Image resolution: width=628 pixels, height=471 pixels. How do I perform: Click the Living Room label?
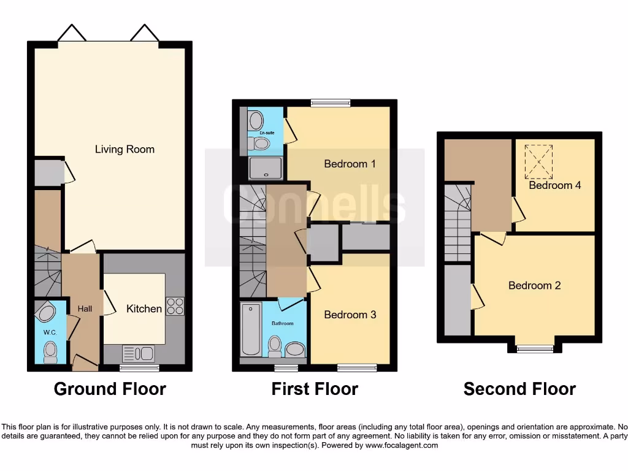pos(124,149)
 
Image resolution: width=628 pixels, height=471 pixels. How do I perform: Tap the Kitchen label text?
pos(144,308)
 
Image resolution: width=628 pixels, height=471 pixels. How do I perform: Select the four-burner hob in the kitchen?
pos(175,305)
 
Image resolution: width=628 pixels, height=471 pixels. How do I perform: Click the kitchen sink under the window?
pos(138,353)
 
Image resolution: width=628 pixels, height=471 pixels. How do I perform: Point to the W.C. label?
pos(50,333)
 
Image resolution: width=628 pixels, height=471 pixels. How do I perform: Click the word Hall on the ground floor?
pos(85,308)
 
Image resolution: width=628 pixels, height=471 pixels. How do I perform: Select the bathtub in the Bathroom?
pos(251,329)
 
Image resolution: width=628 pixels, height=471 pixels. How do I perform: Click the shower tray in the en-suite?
pos(266,167)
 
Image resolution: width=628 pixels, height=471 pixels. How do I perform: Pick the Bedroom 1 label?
pos(350,164)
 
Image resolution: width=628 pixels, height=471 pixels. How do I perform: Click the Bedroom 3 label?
pos(350,315)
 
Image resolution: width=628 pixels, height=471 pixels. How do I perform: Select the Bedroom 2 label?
pos(534,285)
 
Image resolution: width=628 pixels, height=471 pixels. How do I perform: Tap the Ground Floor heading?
pos(110,389)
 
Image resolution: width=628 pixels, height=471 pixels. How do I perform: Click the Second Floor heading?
pos(519,389)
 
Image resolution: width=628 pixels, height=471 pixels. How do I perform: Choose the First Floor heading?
pos(315,389)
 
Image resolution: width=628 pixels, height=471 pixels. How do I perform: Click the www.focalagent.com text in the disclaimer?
pos(402,445)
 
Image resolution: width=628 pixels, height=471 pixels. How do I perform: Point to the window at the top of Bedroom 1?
pos(331,103)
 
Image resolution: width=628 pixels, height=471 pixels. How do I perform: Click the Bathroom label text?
pos(283,323)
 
